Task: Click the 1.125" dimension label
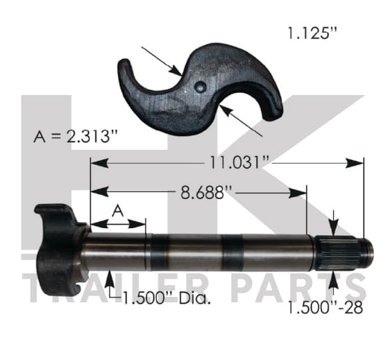(x=312, y=33)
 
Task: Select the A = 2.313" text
(x=75, y=136)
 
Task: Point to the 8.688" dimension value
(x=206, y=192)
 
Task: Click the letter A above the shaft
(x=118, y=211)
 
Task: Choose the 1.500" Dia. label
(x=167, y=298)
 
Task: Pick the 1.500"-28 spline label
(x=325, y=307)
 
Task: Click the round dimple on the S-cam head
(x=200, y=86)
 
